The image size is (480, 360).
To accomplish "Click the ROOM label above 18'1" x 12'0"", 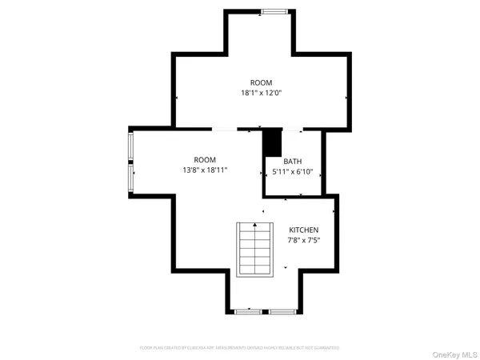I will point(261,82).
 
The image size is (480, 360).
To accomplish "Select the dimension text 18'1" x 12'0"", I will point(261,93).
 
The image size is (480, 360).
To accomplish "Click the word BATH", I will point(292,161).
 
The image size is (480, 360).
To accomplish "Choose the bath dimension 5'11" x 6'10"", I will point(292,171).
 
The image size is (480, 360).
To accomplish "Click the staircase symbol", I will point(255,250).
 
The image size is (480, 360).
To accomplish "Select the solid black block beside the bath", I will point(273,143).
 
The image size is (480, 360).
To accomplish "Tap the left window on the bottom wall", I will point(250,310).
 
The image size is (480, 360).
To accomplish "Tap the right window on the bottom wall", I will point(281,310).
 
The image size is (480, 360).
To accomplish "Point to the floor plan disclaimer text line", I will point(240,348).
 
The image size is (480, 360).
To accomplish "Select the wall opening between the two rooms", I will point(225,130).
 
